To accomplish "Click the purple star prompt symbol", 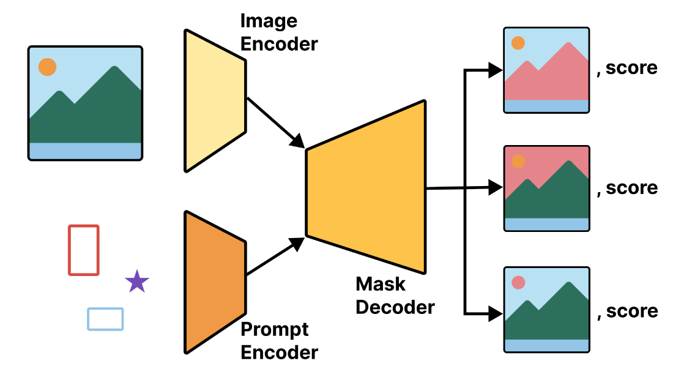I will tap(137, 282).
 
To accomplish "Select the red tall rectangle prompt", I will tap(83, 250).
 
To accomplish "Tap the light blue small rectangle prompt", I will tap(105, 319).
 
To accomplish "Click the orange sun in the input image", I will tap(47, 67).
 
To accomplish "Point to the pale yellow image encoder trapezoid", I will tap(214, 100).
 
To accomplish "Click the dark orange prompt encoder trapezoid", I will tap(214, 282).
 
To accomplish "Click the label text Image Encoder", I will tap(278, 32).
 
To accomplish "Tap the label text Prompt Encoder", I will tap(278, 341).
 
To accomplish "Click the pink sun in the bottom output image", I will tap(518, 283).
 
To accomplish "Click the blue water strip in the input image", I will tap(85, 151).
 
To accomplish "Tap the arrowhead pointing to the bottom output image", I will tap(494, 314).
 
